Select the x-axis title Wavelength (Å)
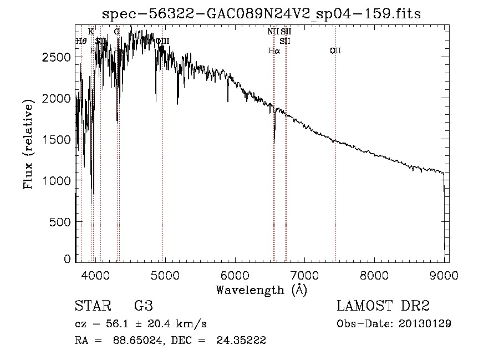[261, 290]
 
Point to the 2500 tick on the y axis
[58, 57]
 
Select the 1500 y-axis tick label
[58, 139]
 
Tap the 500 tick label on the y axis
[60, 222]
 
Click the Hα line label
[274, 51]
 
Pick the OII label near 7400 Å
[335, 51]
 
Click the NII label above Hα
[273, 32]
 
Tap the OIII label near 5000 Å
[162, 41]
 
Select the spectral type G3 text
[143, 306]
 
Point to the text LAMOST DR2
[383, 306]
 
